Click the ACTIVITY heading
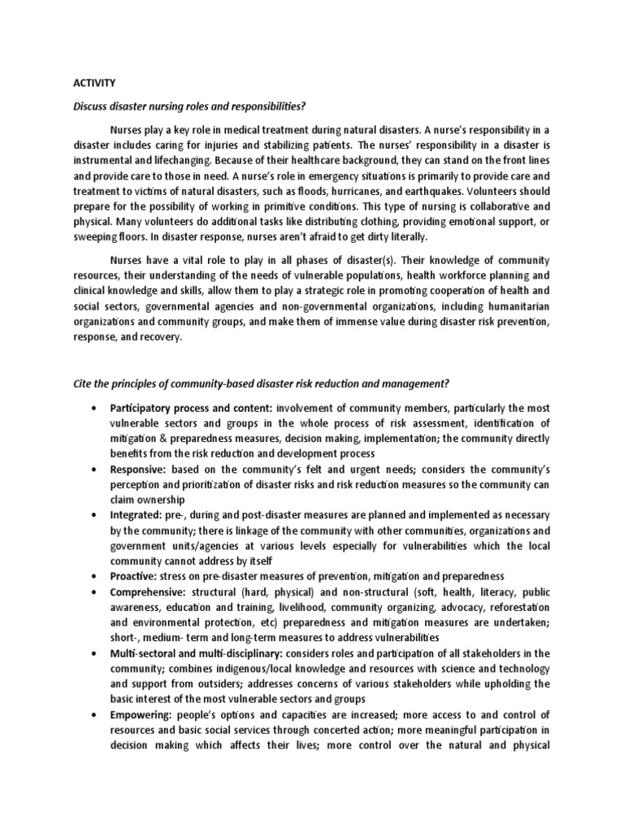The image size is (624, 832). click(x=94, y=82)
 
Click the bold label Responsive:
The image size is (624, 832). click(x=141, y=470)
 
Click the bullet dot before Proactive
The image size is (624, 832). click(x=97, y=576)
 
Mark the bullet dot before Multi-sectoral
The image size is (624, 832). click(x=97, y=653)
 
